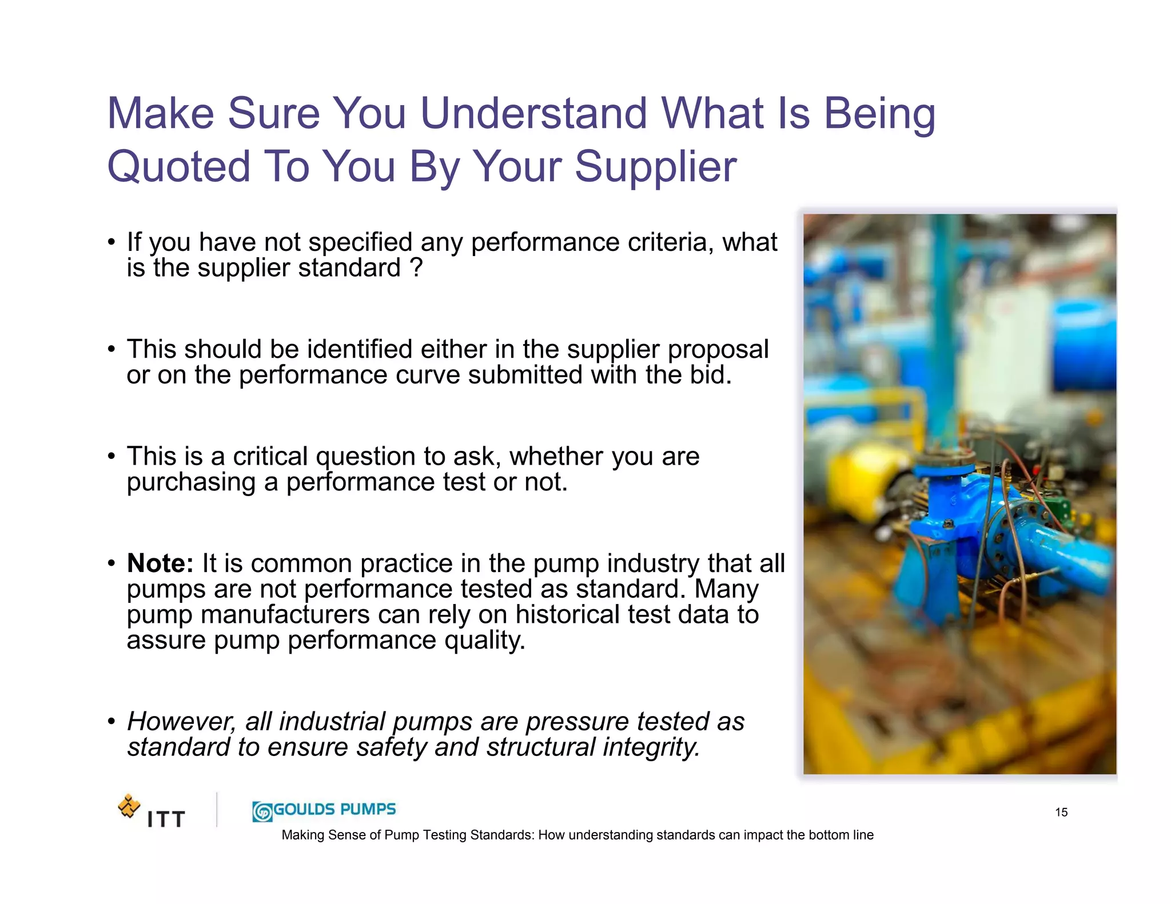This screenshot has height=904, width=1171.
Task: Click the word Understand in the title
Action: pyautogui.click(x=533, y=113)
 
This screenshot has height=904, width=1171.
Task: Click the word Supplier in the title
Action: pyautogui.click(x=655, y=167)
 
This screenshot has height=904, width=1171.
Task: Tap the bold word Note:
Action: pyautogui.click(x=160, y=563)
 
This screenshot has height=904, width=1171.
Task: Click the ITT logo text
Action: pyautogui.click(x=166, y=819)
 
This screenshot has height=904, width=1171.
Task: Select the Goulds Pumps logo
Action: pyautogui.click(x=324, y=810)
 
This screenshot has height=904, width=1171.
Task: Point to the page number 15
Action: pyautogui.click(x=1061, y=812)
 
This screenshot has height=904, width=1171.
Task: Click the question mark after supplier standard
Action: pyautogui.click(x=417, y=267)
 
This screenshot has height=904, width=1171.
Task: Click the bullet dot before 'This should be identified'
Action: pyautogui.click(x=111, y=349)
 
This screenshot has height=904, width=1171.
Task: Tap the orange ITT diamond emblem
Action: pyautogui.click(x=129, y=806)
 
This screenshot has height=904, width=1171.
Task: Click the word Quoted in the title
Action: pyautogui.click(x=179, y=167)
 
